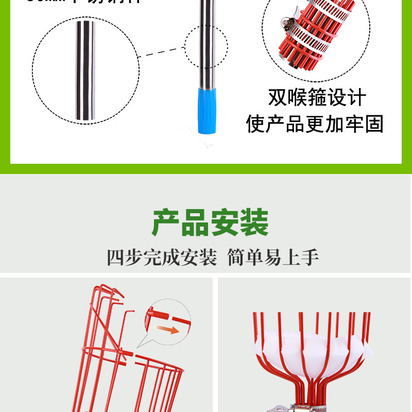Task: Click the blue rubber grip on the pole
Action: coord(206,110)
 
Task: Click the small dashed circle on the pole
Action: coord(206,47)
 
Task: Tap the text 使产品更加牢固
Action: coord(315,124)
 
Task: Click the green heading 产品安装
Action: coord(210,222)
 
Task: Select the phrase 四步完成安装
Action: coord(162,257)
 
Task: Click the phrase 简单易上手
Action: coord(273,257)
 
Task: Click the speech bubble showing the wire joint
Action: coord(166,321)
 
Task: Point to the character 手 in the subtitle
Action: coord(311,257)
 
